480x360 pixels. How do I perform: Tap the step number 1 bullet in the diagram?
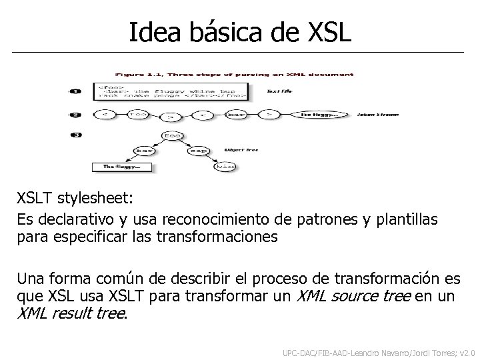75,91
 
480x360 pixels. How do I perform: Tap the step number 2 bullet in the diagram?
75,115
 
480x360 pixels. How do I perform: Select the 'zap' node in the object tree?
199,150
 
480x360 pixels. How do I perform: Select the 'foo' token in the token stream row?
139,115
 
